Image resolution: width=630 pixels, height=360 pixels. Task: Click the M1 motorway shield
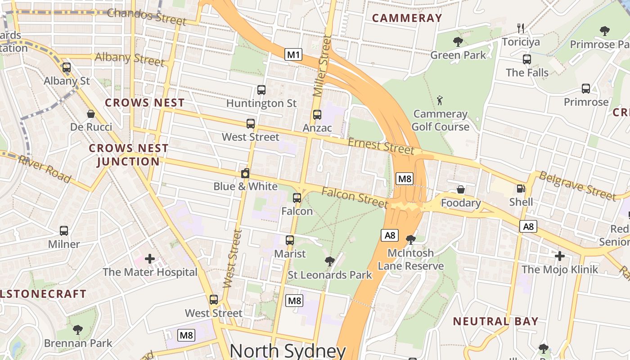293,55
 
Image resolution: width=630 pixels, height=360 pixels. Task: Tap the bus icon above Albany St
67,68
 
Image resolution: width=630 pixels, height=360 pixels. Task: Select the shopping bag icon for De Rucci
91,114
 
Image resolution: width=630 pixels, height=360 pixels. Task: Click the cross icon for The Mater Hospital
150,259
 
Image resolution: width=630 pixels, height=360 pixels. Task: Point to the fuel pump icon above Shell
521,189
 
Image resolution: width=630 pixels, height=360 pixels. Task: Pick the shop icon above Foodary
460,189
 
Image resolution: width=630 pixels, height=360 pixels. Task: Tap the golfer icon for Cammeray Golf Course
440,100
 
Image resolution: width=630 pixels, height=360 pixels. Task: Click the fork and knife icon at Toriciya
521,28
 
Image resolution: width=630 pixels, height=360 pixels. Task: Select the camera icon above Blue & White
245,173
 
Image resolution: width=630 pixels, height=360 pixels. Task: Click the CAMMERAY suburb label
407,18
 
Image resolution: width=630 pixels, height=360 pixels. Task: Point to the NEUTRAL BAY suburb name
495,321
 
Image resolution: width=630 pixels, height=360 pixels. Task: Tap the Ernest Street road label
381,146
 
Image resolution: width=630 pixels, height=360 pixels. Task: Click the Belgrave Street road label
577,185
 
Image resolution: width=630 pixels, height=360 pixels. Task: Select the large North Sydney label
288,351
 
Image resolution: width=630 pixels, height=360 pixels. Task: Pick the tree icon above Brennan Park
78,330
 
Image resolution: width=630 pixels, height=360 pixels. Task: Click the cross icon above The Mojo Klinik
559,256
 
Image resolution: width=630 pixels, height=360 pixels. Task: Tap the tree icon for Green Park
458,42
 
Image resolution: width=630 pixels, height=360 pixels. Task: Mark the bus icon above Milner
64,231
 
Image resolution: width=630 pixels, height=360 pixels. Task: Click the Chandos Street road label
146,16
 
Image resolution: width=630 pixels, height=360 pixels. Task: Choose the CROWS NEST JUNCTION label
128,155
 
